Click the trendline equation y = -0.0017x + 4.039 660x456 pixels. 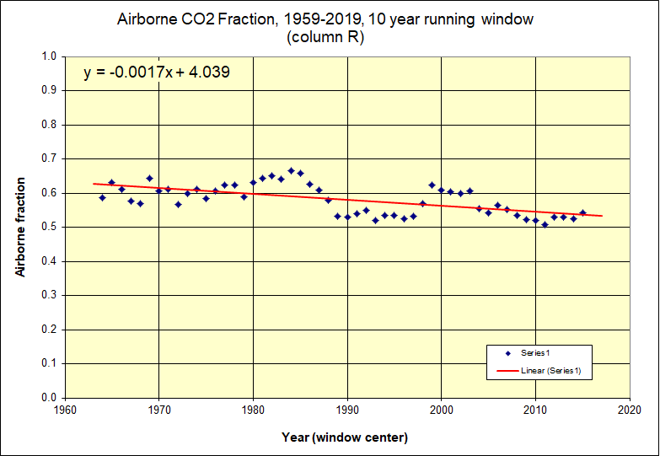tap(157, 73)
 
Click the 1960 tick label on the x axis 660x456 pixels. tap(66, 410)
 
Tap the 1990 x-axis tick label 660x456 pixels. tap(347, 410)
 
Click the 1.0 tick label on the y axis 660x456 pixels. tap(49, 56)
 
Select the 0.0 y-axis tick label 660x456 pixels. tap(49, 398)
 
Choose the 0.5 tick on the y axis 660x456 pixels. tap(49, 228)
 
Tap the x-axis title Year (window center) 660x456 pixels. tap(346, 437)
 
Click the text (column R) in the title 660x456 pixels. tap(325, 36)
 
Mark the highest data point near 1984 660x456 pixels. tap(291, 170)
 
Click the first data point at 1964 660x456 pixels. tap(102, 197)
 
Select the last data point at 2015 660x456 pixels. tap(582, 212)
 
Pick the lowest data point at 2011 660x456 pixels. tap(545, 224)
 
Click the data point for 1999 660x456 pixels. tap(432, 185)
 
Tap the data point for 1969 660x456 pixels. tap(149, 178)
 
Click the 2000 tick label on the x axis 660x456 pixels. tap(442, 410)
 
